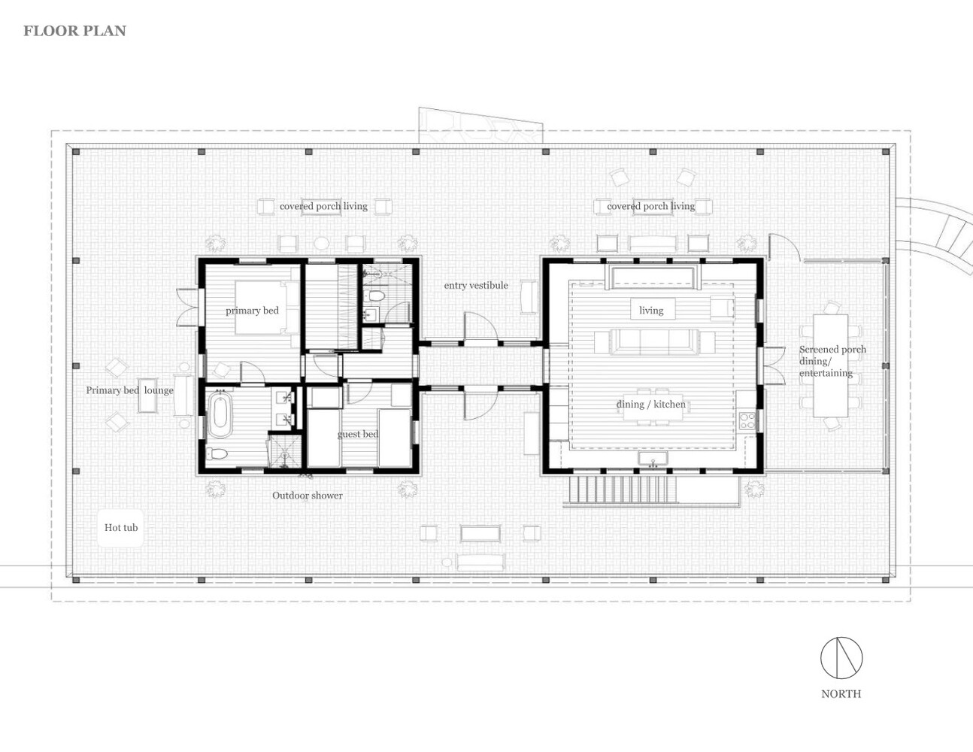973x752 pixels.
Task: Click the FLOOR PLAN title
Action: (74, 31)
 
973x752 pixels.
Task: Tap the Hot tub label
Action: (121, 527)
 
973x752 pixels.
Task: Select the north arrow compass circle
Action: (841, 657)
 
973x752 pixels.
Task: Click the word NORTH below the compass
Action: (841, 693)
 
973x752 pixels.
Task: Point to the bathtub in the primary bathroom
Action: (220, 414)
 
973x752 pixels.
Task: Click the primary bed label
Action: (252, 311)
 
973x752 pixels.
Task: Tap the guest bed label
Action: (358, 434)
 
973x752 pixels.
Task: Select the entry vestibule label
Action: (476, 285)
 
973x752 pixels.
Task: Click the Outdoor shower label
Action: (308, 496)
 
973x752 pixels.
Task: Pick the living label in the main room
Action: (651, 310)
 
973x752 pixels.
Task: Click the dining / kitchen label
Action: (650, 405)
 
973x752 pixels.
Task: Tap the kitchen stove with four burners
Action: (747, 420)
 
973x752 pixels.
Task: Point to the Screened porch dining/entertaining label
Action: (832, 361)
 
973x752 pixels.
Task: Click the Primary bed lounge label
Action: (129, 390)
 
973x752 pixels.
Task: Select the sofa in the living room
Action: (654, 342)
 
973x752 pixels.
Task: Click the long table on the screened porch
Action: (831, 365)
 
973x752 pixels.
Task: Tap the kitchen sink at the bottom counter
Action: (653, 459)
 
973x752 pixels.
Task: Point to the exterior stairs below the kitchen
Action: (624, 490)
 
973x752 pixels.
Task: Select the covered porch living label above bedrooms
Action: (323, 206)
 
